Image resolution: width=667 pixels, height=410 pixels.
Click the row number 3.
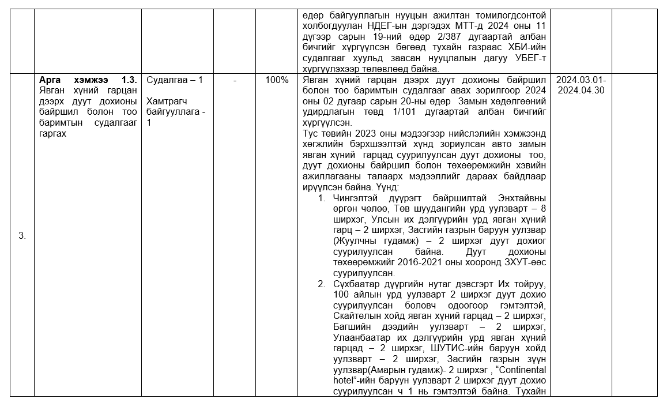[22, 235]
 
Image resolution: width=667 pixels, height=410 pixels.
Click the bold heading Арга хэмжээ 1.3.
[88, 80]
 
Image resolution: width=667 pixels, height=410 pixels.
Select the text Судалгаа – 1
[175, 80]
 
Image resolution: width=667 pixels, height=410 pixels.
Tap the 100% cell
[277, 80]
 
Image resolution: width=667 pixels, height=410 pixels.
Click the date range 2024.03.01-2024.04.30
[581, 85]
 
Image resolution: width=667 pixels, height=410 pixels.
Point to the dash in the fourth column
[235, 80]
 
